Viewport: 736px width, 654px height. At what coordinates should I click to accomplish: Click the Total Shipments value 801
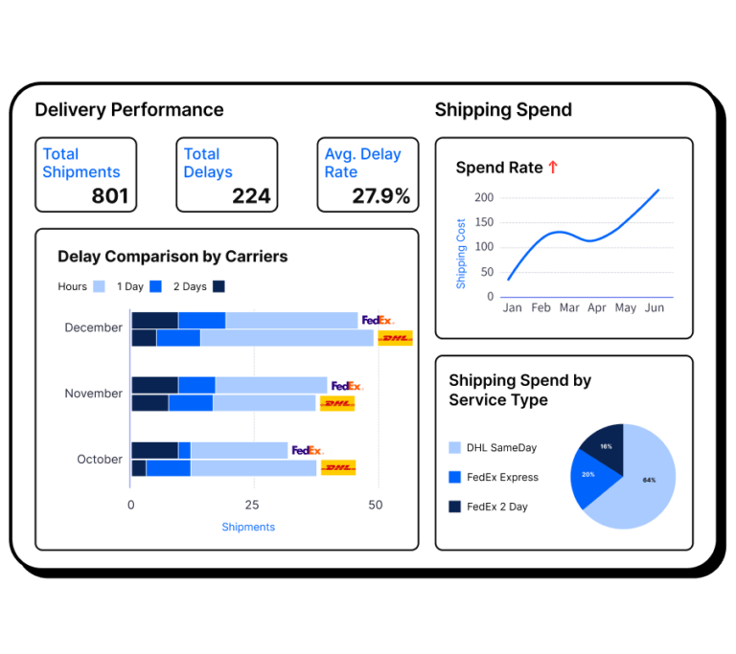coord(109,196)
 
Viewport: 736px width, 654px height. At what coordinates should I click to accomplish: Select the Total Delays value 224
coord(251,196)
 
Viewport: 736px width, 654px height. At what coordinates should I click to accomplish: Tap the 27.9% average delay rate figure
coord(380,196)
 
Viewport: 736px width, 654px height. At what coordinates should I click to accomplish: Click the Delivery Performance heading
coord(129,109)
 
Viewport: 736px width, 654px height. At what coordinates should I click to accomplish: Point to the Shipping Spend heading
coord(503,109)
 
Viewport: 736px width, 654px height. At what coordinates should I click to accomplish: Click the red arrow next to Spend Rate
coord(552,168)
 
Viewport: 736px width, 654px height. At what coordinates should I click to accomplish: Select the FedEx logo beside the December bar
coord(377,320)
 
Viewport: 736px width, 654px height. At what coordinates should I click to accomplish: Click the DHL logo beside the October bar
coord(338,467)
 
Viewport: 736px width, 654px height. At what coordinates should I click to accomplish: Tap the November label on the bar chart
coord(93,394)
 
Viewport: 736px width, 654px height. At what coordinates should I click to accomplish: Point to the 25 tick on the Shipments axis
coord(251,505)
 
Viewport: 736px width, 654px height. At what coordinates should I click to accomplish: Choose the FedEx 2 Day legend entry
coord(496,507)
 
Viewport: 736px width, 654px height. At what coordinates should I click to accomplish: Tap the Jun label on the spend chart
coord(654,308)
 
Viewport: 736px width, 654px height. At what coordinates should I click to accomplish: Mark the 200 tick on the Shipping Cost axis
coord(483,197)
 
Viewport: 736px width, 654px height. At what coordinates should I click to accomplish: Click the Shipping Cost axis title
coord(461,254)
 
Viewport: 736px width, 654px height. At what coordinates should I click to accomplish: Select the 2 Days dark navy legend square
coord(218,286)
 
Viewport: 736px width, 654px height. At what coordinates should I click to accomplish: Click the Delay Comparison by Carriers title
coord(172,257)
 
